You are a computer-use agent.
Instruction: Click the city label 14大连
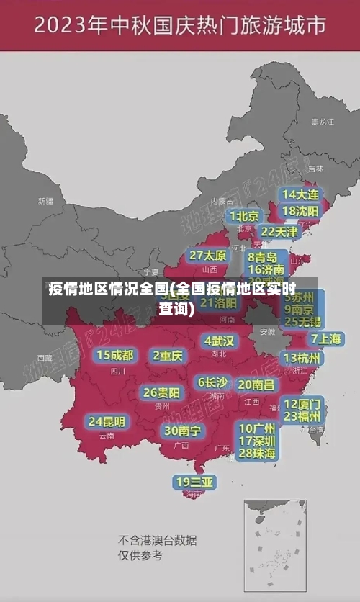click(x=300, y=194)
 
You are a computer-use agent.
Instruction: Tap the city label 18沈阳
click(x=300, y=211)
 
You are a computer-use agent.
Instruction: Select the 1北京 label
click(x=244, y=216)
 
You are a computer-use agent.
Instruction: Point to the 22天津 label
click(x=279, y=232)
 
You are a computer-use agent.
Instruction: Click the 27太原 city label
click(x=208, y=256)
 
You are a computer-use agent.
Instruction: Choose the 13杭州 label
click(x=302, y=358)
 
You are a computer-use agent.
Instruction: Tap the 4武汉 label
click(x=219, y=341)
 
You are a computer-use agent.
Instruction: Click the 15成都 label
click(x=115, y=355)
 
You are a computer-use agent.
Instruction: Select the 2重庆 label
click(x=168, y=356)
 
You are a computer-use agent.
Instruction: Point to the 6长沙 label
click(x=212, y=382)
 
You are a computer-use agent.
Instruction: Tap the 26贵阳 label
click(x=161, y=392)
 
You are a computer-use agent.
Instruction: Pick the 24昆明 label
click(x=107, y=421)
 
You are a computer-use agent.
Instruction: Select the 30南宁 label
click(x=182, y=431)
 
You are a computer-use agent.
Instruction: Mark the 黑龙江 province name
click(x=322, y=122)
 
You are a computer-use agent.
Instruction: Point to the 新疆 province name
click(x=45, y=201)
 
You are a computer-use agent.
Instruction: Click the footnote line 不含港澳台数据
click(x=158, y=540)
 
